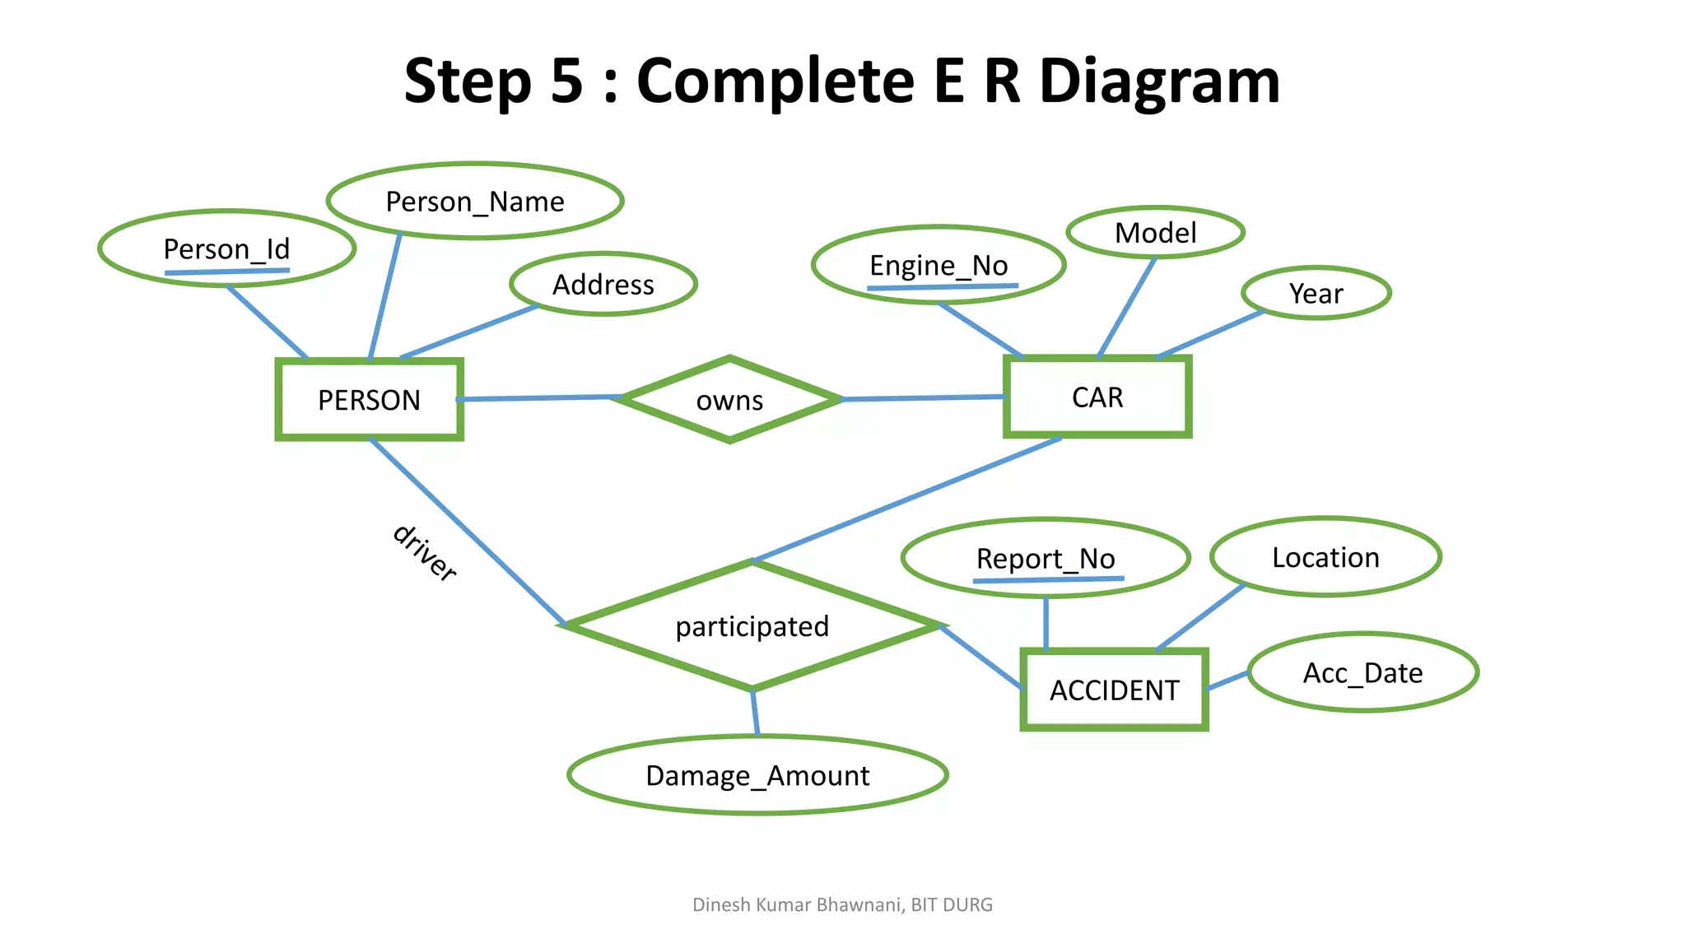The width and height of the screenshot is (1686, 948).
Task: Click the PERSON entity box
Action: point(369,400)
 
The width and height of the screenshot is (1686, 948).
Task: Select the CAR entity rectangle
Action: point(1097,397)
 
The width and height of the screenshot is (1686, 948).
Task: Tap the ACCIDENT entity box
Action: point(1114,690)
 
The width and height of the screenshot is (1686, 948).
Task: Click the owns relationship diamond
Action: point(729,400)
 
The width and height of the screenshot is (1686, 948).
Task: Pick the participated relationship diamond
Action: point(752,626)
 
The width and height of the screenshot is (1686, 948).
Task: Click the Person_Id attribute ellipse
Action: point(226,249)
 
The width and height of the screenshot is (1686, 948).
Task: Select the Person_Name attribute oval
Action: point(475,202)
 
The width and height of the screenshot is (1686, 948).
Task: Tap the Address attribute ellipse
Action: point(603,285)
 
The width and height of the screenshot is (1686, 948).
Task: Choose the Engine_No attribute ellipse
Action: point(938,265)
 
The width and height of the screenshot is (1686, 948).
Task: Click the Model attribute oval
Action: point(1155,233)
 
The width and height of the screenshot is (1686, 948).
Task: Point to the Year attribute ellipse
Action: point(1316,293)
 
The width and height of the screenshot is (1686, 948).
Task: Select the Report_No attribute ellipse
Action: point(1046,559)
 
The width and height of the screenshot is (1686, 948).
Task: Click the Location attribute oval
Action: point(1325,557)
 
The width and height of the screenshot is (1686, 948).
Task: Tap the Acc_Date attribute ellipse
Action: point(1362,673)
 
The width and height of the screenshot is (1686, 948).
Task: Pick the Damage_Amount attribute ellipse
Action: point(757,775)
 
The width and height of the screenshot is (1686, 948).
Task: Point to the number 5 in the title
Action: point(566,81)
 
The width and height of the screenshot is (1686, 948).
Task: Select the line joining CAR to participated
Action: point(906,500)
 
